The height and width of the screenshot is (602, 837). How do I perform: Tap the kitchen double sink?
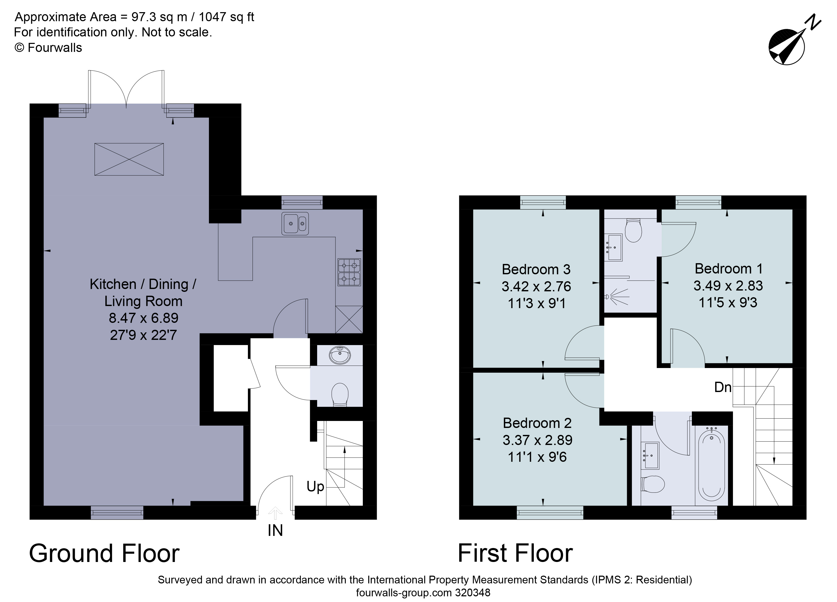pos(295,223)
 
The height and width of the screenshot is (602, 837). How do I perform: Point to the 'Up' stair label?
pos(315,487)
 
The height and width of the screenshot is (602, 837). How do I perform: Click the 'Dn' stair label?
pos(723,387)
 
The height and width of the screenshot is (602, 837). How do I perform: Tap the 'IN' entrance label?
pos(275,531)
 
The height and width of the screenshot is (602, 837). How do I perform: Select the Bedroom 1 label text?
pos(728,269)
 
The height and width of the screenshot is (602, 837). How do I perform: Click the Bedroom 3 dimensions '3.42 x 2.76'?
pos(536,286)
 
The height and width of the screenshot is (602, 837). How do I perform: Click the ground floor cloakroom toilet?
pos(340,394)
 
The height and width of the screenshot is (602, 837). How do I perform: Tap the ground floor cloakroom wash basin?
pos(340,355)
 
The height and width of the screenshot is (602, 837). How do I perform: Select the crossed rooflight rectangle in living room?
pos(129,159)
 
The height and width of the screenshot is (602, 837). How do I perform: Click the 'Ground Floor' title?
pos(104,554)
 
